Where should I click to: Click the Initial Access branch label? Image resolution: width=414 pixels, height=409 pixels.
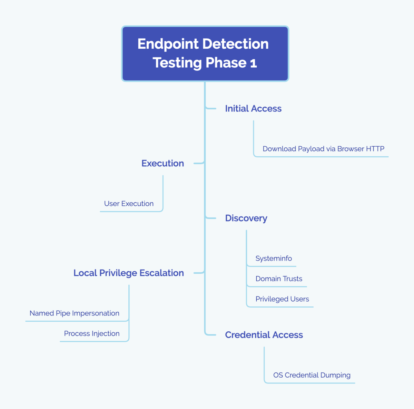click(x=253, y=109)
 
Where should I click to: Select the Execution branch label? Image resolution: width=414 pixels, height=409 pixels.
click(x=162, y=163)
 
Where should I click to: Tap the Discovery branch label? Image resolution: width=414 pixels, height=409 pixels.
click(x=246, y=218)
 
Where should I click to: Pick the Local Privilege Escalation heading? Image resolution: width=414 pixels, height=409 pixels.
click(x=128, y=273)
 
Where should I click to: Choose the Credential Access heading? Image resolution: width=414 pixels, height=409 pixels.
click(x=264, y=335)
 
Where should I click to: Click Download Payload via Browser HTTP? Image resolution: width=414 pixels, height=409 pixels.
click(x=323, y=149)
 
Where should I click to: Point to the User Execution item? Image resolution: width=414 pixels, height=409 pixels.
click(x=129, y=204)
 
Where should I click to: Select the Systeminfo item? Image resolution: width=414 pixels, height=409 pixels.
click(x=274, y=259)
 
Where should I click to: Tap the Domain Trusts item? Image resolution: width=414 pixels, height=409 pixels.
click(x=279, y=279)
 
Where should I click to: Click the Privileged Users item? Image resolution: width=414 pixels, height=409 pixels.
click(x=282, y=299)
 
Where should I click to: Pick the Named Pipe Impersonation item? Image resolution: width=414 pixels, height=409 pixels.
click(x=74, y=313)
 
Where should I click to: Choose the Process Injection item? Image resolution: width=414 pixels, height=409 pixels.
click(x=92, y=334)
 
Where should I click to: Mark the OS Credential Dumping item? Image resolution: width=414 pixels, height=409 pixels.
click(x=312, y=375)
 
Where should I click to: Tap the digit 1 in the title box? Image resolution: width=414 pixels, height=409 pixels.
click(x=254, y=63)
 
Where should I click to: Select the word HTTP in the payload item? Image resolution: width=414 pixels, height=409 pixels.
click(x=375, y=149)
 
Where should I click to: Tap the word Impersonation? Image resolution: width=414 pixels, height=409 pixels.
click(x=97, y=313)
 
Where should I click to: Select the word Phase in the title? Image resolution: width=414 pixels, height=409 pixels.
click(x=226, y=63)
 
